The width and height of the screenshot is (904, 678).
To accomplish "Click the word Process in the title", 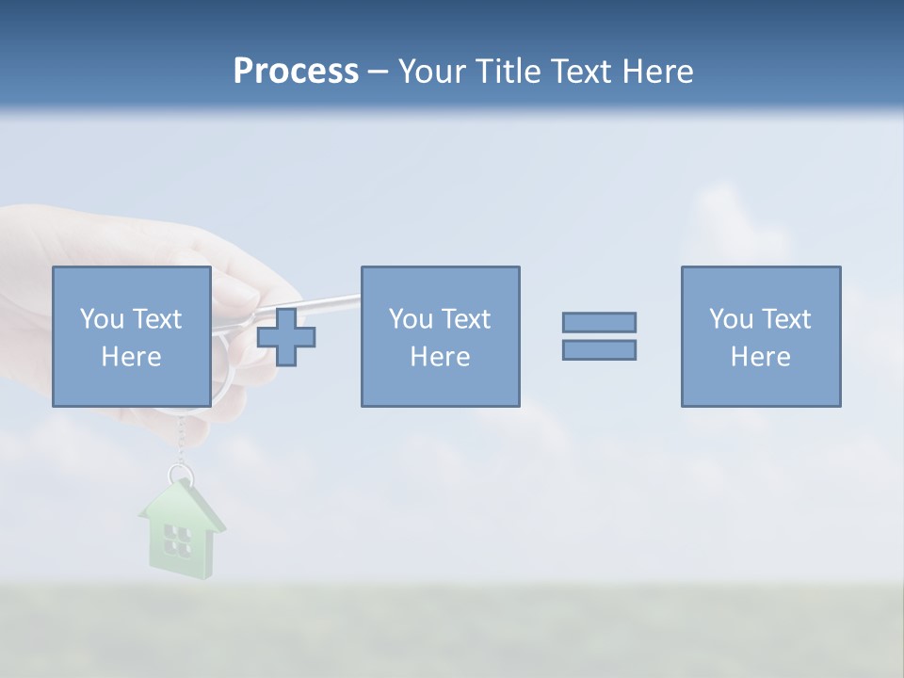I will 296,72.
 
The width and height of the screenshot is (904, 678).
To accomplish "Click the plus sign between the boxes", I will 286,337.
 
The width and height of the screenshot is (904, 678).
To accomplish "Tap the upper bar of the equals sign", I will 599,322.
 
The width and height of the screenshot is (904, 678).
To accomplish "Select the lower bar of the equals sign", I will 599,349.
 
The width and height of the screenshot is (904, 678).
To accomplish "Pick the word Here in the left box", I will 131,357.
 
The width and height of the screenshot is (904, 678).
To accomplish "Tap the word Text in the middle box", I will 464,319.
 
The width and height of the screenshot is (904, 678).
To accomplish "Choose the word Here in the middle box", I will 440,357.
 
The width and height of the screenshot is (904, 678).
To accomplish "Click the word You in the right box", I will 731,319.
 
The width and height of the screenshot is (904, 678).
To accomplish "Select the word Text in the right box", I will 784,319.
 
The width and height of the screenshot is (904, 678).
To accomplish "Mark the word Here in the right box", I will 760,357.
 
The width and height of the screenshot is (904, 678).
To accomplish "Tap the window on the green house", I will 177,540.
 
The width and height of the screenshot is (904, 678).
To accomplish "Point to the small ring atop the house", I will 179,474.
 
